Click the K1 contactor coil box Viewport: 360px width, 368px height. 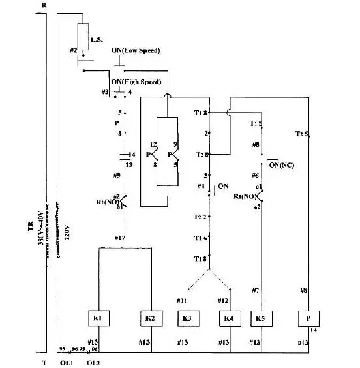[x=97, y=319]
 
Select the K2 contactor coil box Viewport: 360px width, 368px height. [x=149, y=319]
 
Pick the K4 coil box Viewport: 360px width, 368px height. [x=228, y=319]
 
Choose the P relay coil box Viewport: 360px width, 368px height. [x=307, y=319]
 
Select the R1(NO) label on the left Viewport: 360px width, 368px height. [x=106, y=202]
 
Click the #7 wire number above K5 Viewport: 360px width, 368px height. [x=256, y=290]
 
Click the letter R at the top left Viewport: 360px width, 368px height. [x=43, y=5]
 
